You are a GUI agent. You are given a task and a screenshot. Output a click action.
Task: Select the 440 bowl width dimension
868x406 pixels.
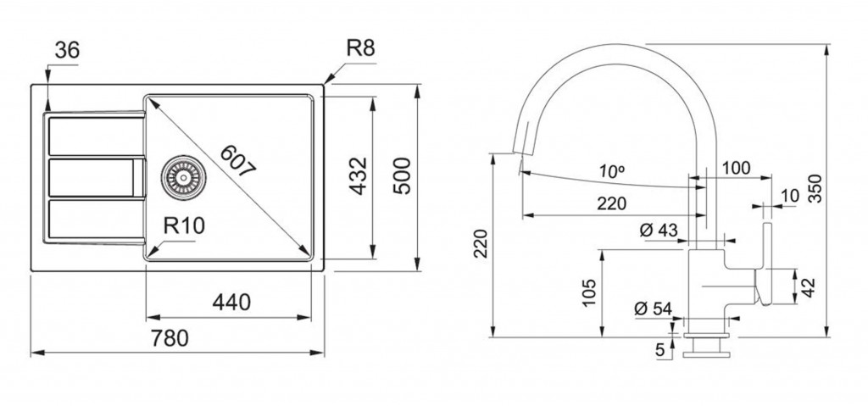click(231, 303)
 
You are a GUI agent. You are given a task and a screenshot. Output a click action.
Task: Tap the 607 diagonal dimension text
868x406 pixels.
click(237, 161)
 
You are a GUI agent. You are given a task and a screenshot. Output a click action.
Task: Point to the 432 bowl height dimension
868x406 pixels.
click(359, 175)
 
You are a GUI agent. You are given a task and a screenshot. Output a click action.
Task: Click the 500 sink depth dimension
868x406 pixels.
click(402, 175)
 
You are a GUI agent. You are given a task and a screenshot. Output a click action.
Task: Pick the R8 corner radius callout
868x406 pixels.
click(361, 48)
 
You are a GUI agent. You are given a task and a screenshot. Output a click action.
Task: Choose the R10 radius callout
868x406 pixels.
click(184, 226)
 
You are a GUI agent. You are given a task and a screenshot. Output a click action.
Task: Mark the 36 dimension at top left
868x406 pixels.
click(68, 50)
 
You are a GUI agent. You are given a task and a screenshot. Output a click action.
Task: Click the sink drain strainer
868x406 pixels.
click(183, 178)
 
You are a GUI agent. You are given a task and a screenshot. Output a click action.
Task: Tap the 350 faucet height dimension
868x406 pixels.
click(815, 189)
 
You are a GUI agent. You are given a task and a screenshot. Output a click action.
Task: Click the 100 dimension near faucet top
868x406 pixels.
click(736, 168)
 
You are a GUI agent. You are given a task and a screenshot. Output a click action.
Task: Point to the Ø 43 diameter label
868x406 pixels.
click(659, 230)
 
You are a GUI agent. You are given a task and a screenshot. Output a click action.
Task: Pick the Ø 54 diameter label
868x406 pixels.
click(654, 309)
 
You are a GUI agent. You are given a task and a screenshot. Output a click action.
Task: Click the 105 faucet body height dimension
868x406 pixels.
click(590, 293)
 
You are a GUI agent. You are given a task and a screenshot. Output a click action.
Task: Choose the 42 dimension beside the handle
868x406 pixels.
click(809, 287)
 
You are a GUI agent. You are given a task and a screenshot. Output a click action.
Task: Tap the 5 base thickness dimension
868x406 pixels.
click(659, 350)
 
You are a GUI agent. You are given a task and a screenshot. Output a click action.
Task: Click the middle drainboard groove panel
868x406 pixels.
click(97, 178)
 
